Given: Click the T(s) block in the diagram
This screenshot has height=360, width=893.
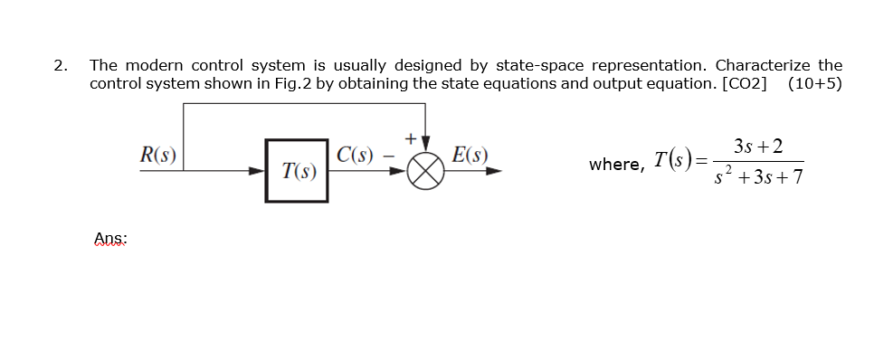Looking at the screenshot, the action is pos(297,169).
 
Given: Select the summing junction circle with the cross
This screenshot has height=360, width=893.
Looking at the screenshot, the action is pos(426,169).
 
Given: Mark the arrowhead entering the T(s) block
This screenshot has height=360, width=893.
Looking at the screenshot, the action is pos(258,169).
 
